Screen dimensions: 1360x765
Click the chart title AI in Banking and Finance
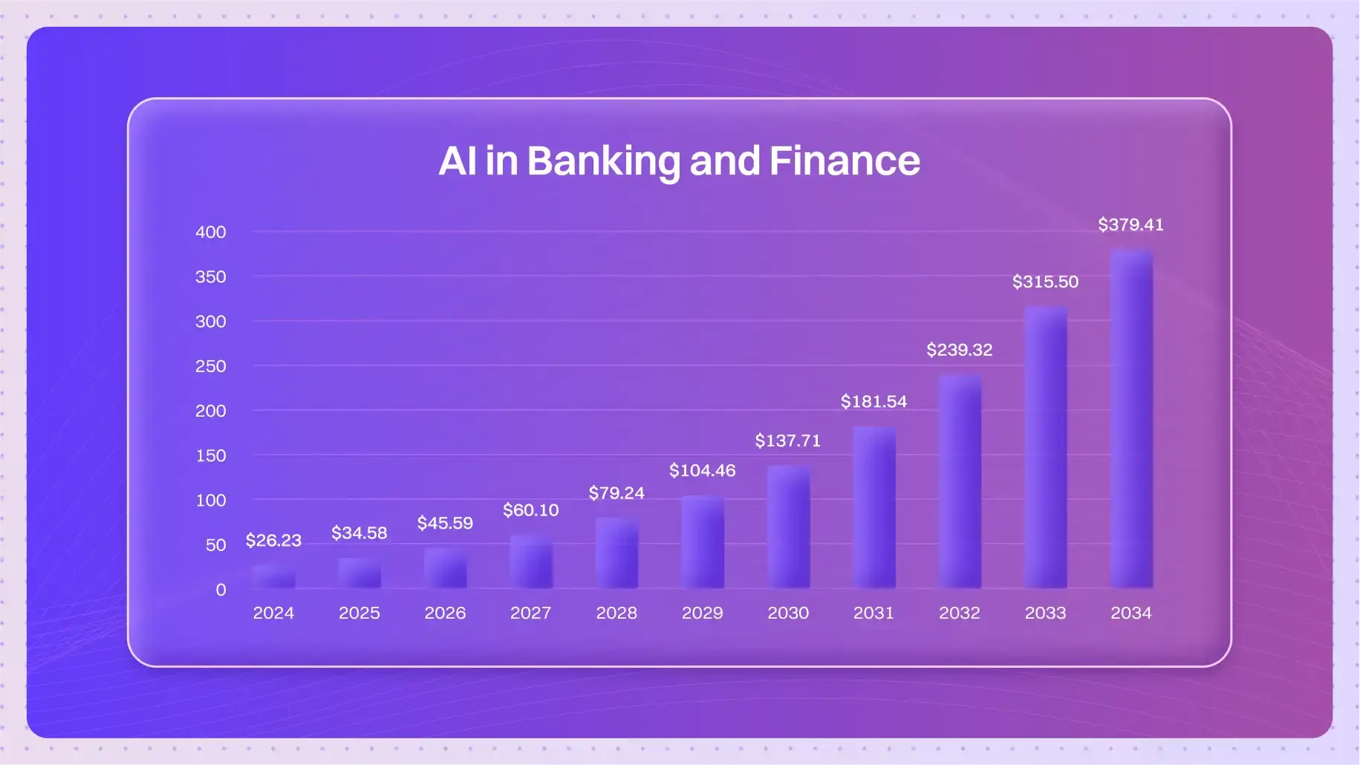pyautogui.click(x=679, y=160)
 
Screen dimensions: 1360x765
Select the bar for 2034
pyautogui.click(x=1131, y=418)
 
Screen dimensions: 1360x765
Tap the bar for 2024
pyautogui.click(x=273, y=576)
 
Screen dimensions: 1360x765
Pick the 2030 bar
pyautogui.click(x=788, y=527)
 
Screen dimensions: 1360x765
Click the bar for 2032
pyautogui.click(x=960, y=482)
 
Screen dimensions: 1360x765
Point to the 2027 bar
pyautogui.click(x=531, y=561)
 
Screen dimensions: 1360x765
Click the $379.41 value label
pyautogui.click(x=1130, y=224)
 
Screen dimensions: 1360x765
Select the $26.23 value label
pyautogui.click(x=273, y=540)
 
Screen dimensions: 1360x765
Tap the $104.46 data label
pyautogui.click(x=702, y=470)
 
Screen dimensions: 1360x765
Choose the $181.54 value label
pyautogui.click(x=873, y=401)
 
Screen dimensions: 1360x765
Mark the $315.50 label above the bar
pyautogui.click(x=1045, y=281)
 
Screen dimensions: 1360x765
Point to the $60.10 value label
pyautogui.click(x=530, y=510)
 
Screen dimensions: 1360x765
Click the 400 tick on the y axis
pyautogui.click(x=210, y=232)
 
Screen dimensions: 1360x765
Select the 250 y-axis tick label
pyautogui.click(x=210, y=366)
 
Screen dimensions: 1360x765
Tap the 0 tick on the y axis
pyautogui.click(x=221, y=590)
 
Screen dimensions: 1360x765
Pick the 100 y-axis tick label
pyautogui.click(x=211, y=501)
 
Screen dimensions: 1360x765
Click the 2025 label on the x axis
pyautogui.click(x=359, y=613)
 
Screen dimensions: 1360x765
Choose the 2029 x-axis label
pyautogui.click(x=702, y=613)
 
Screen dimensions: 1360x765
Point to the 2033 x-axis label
pyautogui.click(x=1045, y=613)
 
